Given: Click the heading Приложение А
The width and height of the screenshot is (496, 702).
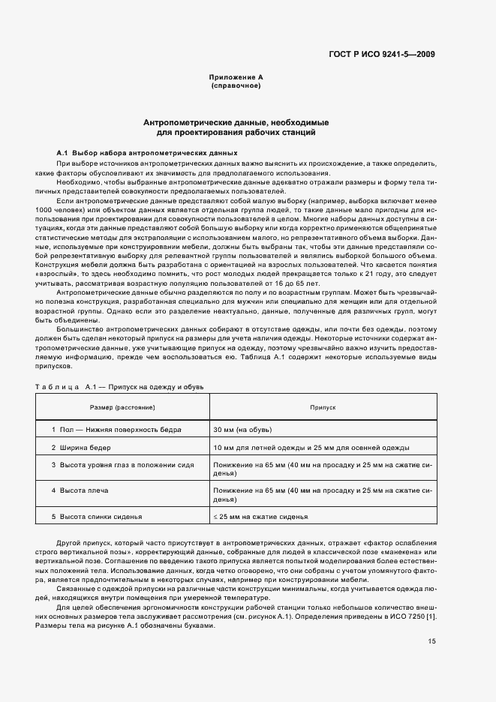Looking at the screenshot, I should click(236, 77).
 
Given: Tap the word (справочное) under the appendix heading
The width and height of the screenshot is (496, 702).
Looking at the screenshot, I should click(236, 85).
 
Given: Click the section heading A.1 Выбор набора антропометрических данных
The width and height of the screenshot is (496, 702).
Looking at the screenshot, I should click(147, 152).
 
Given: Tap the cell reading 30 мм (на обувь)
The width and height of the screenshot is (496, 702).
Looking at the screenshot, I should click(242, 429).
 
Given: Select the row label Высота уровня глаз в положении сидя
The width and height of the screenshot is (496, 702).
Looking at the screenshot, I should click(122, 465).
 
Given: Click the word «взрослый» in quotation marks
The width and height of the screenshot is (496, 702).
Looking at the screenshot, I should click(74, 275).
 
